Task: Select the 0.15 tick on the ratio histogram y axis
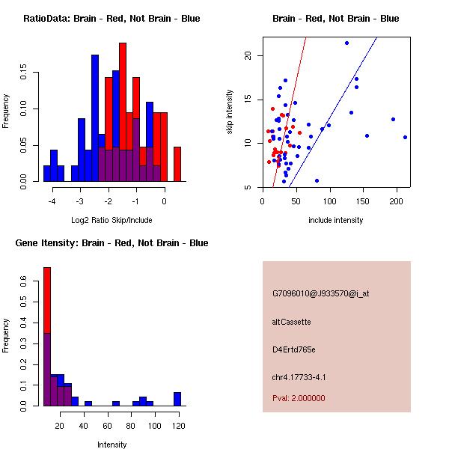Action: pyautogui.click(x=26, y=75)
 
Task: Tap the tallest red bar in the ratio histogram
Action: pyautogui.click(x=123, y=112)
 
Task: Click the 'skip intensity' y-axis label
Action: pyautogui.click(x=229, y=112)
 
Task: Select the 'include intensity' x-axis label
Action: pyautogui.click(x=335, y=220)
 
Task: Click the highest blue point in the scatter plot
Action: pyautogui.click(x=347, y=43)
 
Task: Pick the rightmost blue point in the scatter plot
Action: pyautogui.click(x=405, y=137)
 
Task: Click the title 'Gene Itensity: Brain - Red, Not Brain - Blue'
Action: pyautogui.click(x=112, y=243)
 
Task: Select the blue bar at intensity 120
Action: pyautogui.click(x=177, y=399)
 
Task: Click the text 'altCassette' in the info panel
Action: pyautogui.click(x=292, y=322)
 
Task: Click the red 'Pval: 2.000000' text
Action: pyautogui.click(x=299, y=398)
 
